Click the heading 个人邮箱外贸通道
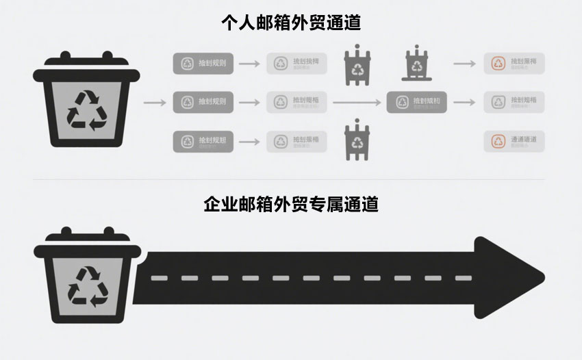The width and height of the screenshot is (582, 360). pos(291,23)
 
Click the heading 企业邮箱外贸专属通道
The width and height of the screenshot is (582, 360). pos(291,204)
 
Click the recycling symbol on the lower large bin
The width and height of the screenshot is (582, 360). pos(88,285)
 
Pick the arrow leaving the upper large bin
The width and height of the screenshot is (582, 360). pos(155,103)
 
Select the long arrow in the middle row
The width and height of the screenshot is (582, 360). pos(357,103)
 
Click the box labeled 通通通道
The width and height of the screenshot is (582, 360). pos(514,142)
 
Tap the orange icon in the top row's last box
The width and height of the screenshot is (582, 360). pos(498,64)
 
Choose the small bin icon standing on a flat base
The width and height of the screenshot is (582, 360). pos(416,64)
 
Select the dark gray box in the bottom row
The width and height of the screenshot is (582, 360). pos(203,142)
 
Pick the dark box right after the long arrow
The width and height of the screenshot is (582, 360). pos(420,103)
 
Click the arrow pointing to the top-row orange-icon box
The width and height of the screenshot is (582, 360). pos(464,64)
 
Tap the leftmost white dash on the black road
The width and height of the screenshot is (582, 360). pos(159,278)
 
